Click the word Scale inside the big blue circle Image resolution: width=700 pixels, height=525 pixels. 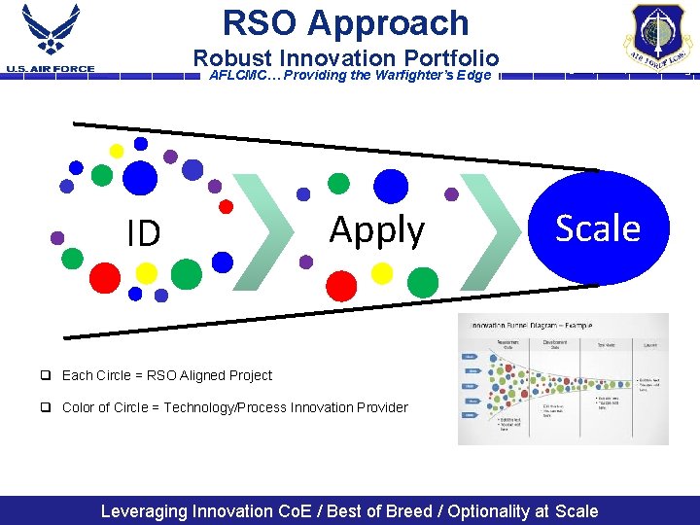click(x=597, y=228)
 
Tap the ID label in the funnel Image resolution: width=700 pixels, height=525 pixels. click(x=144, y=233)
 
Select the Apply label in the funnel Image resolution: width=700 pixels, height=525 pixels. click(x=376, y=230)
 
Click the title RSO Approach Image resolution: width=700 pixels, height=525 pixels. click(x=345, y=22)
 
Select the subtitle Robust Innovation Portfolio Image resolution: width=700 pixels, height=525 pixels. click(x=345, y=58)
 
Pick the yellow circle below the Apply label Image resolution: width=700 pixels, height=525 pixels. click(x=382, y=273)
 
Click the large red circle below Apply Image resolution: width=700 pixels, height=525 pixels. click(x=341, y=284)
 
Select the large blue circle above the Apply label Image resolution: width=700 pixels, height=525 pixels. click(x=391, y=185)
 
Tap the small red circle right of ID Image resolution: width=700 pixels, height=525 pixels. click(x=226, y=206)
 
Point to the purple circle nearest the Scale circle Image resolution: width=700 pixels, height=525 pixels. click(x=451, y=194)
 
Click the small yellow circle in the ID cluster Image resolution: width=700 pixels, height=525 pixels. click(x=117, y=151)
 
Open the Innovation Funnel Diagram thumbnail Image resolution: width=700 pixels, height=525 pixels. click(x=563, y=379)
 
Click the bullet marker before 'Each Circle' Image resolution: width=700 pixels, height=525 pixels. click(x=46, y=375)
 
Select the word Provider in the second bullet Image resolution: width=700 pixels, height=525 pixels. click(x=380, y=407)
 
